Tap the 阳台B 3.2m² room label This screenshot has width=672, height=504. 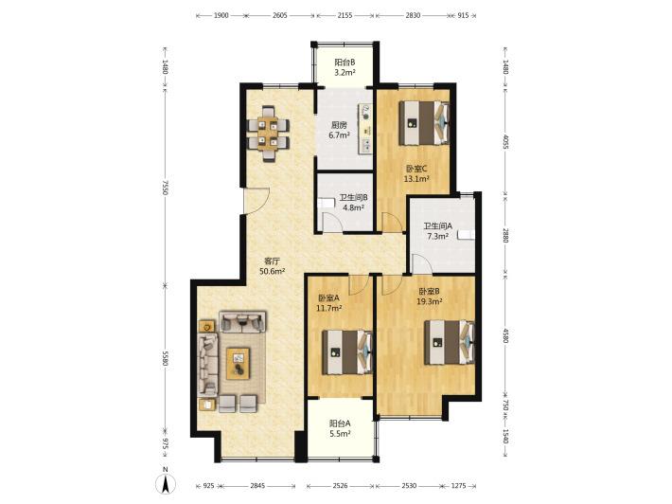(345, 67)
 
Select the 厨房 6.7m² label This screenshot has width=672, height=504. (339, 130)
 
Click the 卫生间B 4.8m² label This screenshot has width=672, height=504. (354, 203)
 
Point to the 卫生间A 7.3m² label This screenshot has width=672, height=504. (438, 231)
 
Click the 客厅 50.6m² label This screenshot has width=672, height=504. (273, 266)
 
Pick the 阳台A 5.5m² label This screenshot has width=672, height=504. (341, 428)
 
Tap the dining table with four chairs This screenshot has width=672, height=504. (269, 134)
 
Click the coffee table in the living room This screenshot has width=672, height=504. (239, 363)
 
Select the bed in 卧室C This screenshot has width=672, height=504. (424, 122)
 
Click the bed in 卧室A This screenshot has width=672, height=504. (347, 351)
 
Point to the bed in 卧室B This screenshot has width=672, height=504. (450, 342)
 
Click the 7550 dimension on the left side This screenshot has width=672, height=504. (164, 187)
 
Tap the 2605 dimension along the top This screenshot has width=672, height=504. (280, 15)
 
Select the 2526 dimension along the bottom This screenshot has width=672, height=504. (341, 486)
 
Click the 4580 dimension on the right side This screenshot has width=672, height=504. (505, 335)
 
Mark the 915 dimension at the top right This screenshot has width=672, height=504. (463, 15)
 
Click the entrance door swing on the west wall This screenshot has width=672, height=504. (256, 201)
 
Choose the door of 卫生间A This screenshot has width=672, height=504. (422, 263)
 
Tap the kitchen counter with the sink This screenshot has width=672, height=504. (366, 128)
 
